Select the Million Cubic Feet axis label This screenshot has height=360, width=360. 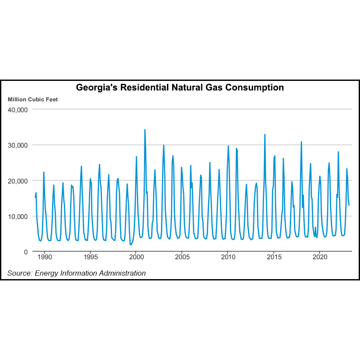point(33,99)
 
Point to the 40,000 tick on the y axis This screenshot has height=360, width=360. point(18,110)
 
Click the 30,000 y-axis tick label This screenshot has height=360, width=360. point(18,145)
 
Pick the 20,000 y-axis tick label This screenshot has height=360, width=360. point(18,181)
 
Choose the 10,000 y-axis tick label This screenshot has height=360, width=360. point(18,217)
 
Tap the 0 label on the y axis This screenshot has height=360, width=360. point(26,252)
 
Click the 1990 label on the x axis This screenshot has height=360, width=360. point(45,257)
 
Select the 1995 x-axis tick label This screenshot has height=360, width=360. point(90,257)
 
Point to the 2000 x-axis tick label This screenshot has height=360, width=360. point(136,257)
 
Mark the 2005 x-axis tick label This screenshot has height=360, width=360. point(182,257)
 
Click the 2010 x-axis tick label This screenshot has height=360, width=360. point(228,257)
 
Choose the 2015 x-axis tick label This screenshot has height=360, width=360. point(274,257)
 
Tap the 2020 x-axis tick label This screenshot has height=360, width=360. point(320,257)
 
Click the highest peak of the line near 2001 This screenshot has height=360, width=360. point(145,130)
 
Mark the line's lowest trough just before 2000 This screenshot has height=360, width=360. point(130,245)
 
